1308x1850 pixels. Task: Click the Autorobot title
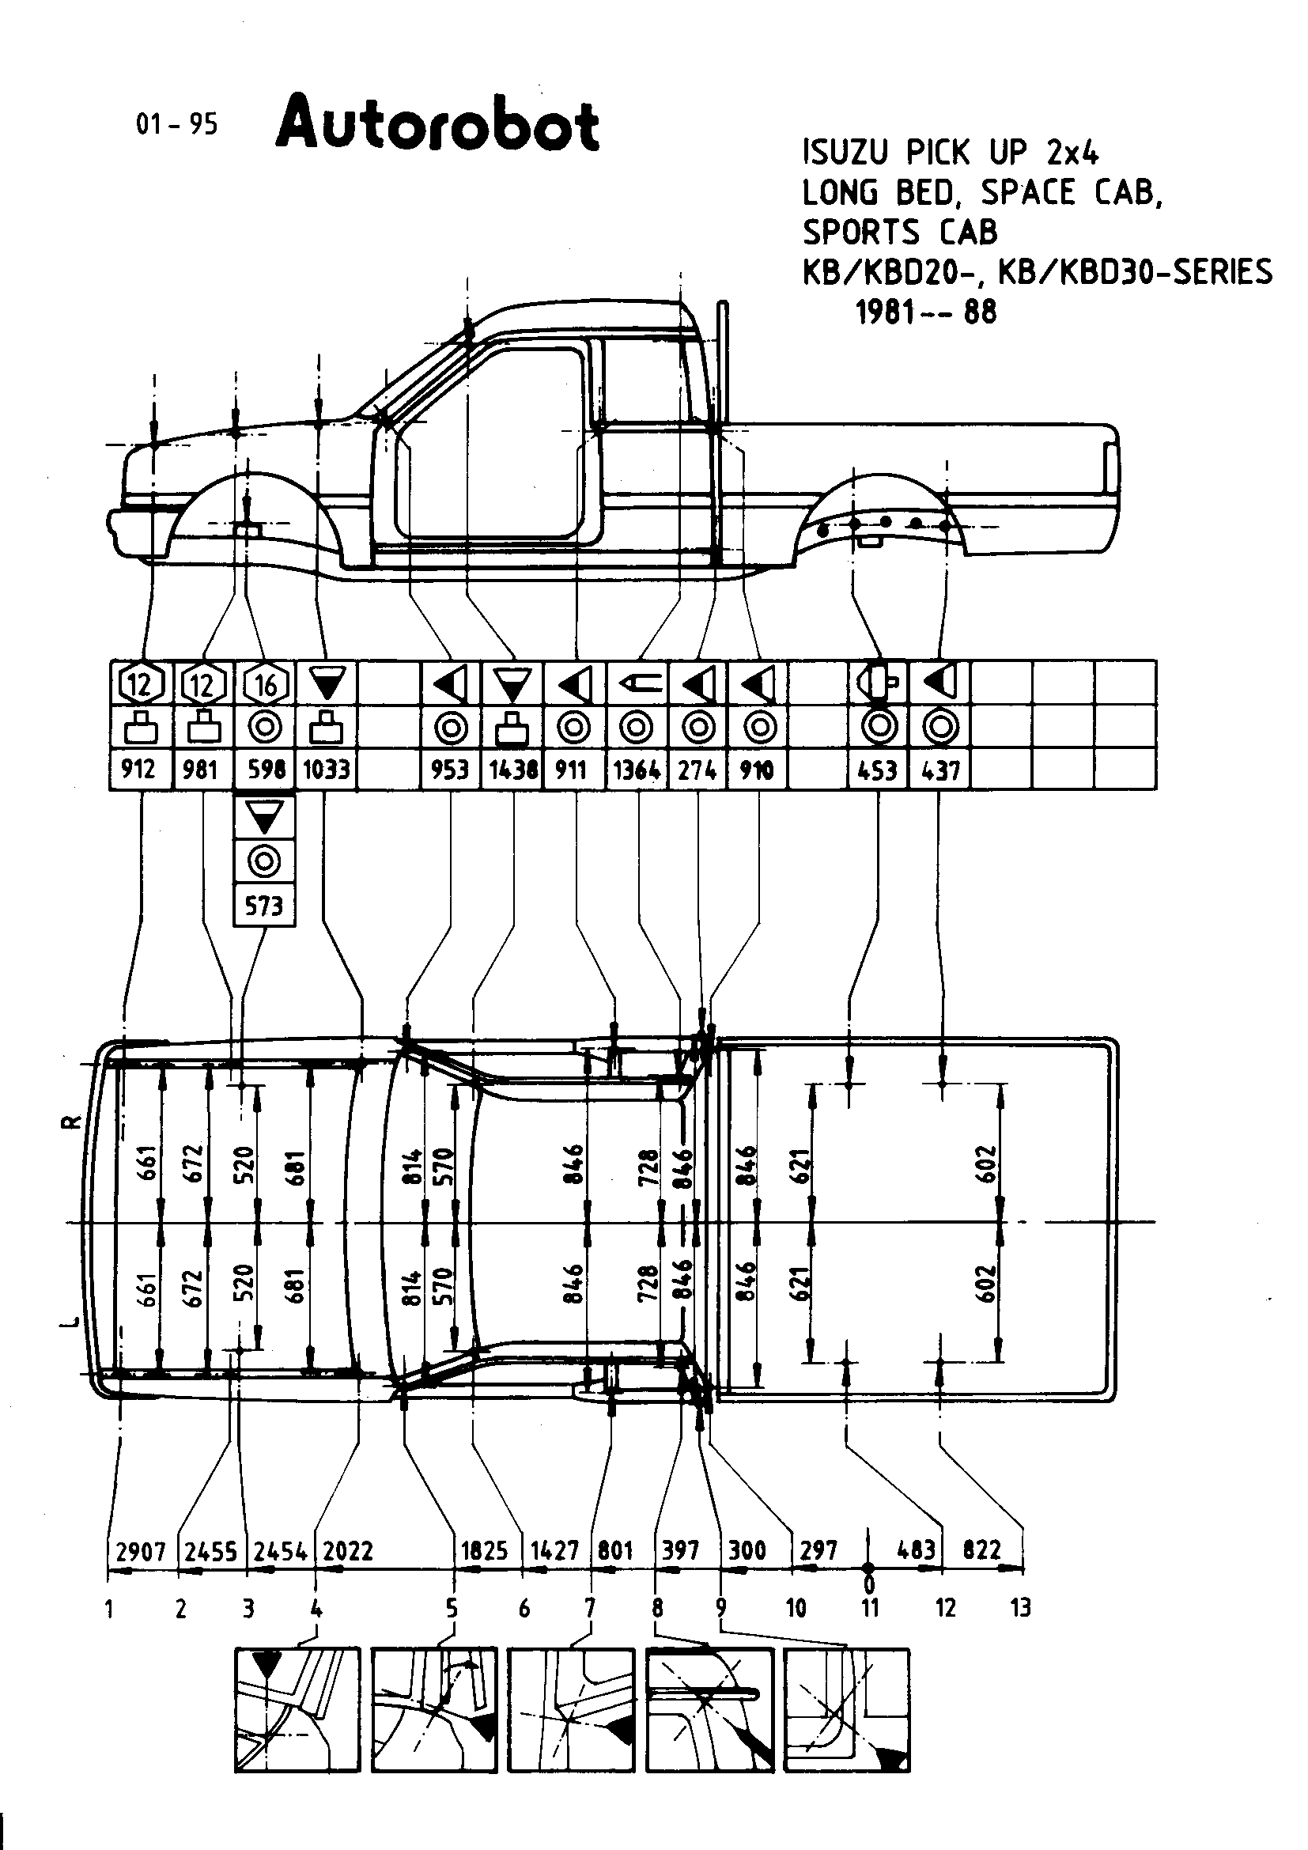click(437, 125)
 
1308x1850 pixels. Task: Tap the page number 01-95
click(177, 124)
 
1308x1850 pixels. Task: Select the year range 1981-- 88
click(925, 312)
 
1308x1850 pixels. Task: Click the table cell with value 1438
click(513, 770)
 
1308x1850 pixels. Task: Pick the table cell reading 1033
click(326, 770)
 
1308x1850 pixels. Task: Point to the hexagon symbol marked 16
click(265, 685)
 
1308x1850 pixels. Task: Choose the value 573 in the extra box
click(264, 906)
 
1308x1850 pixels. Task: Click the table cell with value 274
click(697, 770)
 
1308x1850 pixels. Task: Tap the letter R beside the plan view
click(72, 1122)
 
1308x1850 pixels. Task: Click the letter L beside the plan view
click(72, 1321)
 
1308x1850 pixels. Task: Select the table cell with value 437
click(940, 770)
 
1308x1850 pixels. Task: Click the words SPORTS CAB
click(900, 232)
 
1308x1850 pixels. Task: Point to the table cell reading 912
click(138, 770)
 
